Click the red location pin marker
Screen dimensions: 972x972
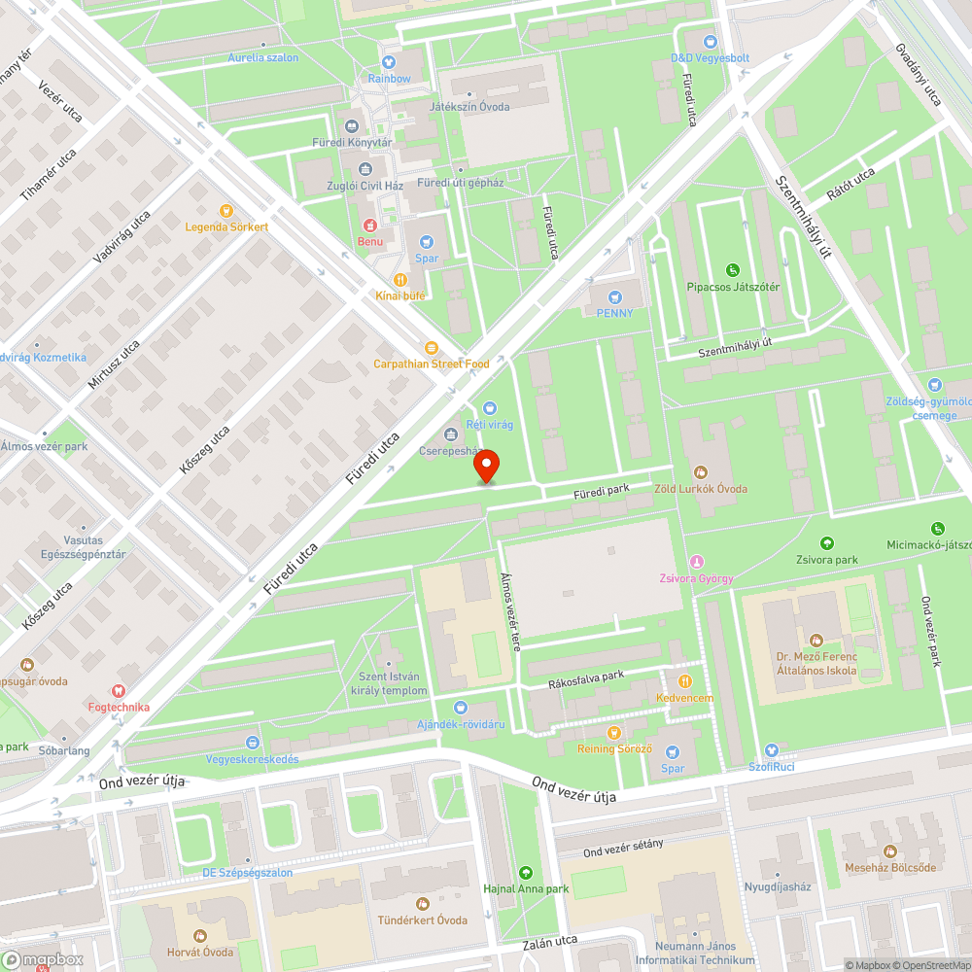click(486, 468)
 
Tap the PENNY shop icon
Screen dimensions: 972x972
click(614, 296)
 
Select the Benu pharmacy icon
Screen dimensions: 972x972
click(370, 226)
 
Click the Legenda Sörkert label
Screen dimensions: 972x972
click(226, 226)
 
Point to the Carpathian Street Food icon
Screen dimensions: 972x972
click(431, 348)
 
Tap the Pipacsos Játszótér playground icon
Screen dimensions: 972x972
click(732, 270)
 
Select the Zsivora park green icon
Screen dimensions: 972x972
click(827, 542)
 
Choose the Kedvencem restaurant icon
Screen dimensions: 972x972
click(684, 681)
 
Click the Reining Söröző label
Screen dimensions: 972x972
click(614, 748)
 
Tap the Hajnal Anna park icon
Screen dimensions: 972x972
click(526, 872)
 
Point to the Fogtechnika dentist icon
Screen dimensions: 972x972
click(119, 690)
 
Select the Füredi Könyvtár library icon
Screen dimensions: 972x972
click(352, 126)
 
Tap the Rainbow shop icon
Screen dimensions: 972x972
click(389, 61)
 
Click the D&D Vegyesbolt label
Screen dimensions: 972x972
click(710, 57)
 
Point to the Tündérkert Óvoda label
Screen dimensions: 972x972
click(423, 920)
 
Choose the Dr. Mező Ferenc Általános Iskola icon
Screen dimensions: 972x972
click(816, 640)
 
